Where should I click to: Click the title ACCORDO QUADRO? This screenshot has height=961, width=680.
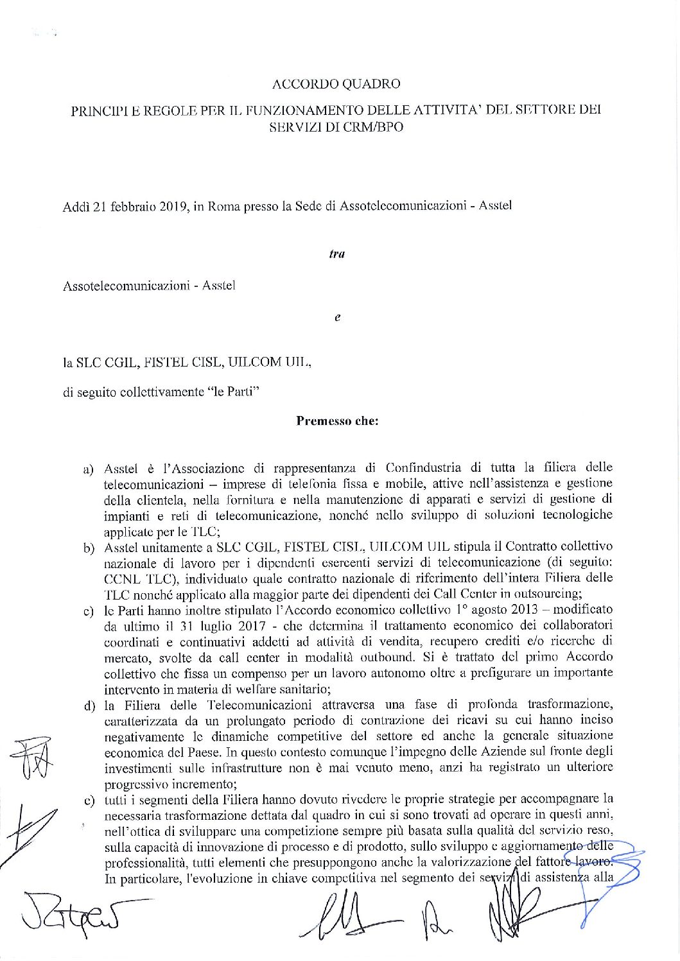point(336,84)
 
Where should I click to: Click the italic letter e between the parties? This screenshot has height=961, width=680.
point(337,317)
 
